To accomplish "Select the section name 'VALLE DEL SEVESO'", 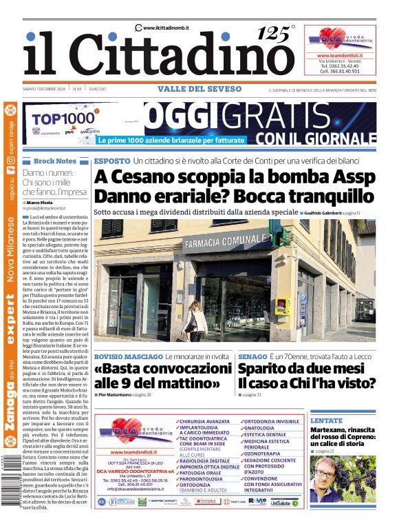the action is coord(199,89).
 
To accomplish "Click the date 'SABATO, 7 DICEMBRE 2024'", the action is coord(44,90).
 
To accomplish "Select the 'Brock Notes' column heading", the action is coord(55,161).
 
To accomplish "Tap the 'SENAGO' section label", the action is coord(252,356).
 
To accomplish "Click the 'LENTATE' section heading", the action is coord(326,420).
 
